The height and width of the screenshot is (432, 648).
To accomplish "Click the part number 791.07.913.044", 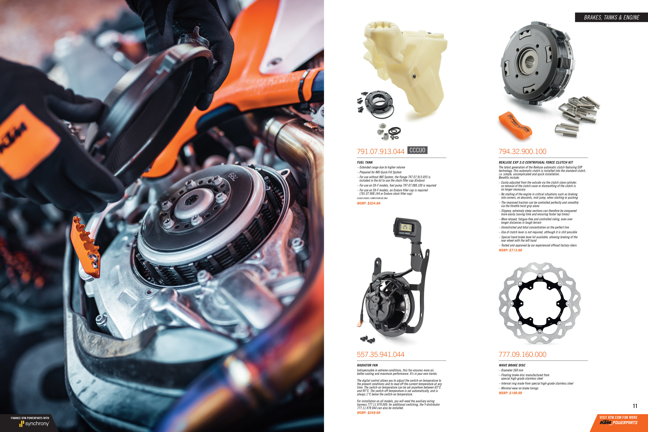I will (x=380, y=151).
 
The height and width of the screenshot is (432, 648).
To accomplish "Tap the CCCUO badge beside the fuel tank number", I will (x=417, y=150).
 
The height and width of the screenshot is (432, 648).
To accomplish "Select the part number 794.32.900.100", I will (x=522, y=151).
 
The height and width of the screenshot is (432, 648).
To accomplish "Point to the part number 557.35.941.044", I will (x=380, y=355).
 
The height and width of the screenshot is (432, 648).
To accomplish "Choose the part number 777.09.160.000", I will (x=522, y=355).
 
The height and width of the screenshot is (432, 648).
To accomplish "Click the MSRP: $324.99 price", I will (x=368, y=203).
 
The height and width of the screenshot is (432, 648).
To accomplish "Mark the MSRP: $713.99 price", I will (x=510, y=250).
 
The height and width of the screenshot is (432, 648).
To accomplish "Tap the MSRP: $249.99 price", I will (x=368, y=413).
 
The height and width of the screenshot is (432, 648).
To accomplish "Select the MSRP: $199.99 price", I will (x=510, y=393).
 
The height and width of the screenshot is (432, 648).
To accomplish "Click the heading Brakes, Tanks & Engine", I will (x=611, y=18).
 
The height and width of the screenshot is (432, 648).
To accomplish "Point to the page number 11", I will (x=635, y=406).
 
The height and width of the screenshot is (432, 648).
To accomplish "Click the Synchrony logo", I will (x=34, y=423).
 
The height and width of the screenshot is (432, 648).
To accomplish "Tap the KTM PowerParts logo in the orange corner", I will (x=619, y=423).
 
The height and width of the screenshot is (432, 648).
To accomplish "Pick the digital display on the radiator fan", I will (x=406, y=227).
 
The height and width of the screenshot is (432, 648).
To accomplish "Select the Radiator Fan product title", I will (x=367, y=365).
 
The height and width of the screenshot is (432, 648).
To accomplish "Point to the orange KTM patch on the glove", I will (x=28, y=140).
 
